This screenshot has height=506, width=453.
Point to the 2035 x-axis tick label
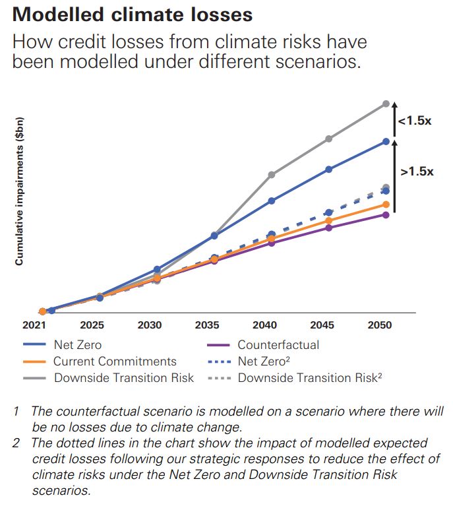207,325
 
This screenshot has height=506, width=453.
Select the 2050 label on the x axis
380,325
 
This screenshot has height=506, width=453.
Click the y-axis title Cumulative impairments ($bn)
20,191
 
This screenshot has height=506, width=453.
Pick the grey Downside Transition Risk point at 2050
386,104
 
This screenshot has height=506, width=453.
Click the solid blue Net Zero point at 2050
386,141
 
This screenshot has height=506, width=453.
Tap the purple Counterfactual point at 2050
386,214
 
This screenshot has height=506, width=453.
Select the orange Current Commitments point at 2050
386,205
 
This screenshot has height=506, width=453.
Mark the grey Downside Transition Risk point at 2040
271,175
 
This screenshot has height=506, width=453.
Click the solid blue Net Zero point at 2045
328,170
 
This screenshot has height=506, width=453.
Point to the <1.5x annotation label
414,121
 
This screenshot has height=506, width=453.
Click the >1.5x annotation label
417,171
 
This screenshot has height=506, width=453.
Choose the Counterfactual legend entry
278,345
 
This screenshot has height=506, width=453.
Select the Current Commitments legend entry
115,362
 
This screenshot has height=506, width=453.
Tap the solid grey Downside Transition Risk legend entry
124,378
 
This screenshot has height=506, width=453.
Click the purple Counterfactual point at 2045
328,228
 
